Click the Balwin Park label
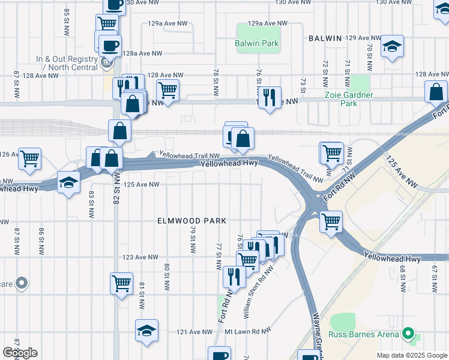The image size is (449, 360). click(x=258, y=43)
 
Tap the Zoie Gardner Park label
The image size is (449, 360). click(x=348, y=99)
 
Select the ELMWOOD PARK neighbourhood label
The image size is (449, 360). click(x=191, y=221)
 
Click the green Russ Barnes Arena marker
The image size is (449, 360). click(x=409, y=333)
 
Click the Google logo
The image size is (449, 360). click(x=20, y=353)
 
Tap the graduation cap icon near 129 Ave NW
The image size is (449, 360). click(x=392, y=46)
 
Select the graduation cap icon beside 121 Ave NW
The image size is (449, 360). click(x=146, y=331)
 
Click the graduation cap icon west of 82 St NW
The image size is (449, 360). click(x=68, y=182)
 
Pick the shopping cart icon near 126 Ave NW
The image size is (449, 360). click(x=29, y=159)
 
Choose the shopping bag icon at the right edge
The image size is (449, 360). click(x=436, y=92)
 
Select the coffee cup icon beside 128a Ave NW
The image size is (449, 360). click(x=110, y=45)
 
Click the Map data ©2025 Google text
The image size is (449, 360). click(x=411, y=355)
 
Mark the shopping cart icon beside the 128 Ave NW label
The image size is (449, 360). click(x=167, y=91)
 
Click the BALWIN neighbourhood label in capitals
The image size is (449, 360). click(x=325, y=38)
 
